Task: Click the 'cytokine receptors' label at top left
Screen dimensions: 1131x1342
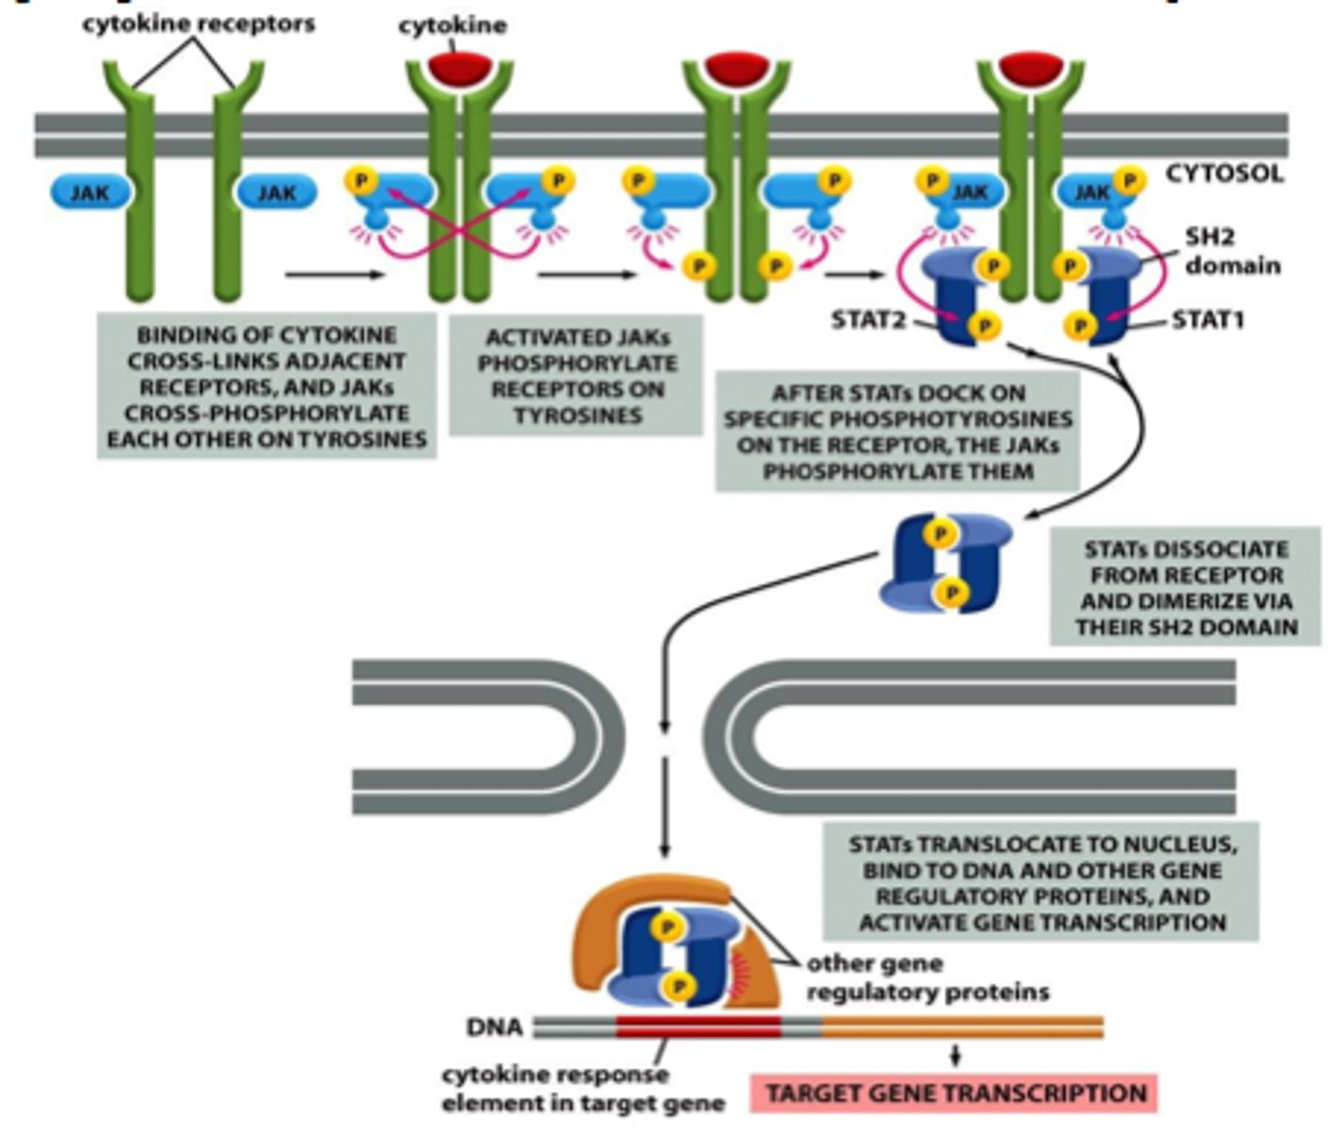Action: pos(198,24)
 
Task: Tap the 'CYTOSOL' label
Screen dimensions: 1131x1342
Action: pos(1224,173)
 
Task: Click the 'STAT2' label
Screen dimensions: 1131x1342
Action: pos(868,320)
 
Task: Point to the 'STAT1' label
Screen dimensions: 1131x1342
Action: pos(1207,320)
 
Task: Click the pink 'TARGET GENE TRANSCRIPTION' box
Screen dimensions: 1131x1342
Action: pos(955,1093)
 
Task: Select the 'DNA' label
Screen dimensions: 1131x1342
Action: pos(495,1026)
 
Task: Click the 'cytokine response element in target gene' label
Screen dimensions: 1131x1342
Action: pos(583,1089)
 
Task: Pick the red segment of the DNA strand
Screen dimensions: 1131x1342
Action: pos(698,1026)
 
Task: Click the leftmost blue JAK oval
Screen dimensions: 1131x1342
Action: pos(90,192)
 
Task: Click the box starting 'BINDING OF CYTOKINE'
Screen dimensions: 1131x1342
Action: pos(267,386)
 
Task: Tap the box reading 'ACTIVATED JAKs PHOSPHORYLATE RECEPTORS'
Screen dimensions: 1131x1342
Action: pos(576,375)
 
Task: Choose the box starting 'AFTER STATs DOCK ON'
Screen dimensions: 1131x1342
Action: pos(897,432)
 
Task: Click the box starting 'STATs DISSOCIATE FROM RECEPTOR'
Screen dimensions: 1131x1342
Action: pos(1186,587)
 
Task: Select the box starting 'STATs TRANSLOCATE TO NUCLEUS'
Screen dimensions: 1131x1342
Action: pos(1040,883)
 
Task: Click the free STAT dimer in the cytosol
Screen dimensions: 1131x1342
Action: pos(946,564)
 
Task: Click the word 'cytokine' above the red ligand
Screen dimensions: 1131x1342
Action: pos(451,25)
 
